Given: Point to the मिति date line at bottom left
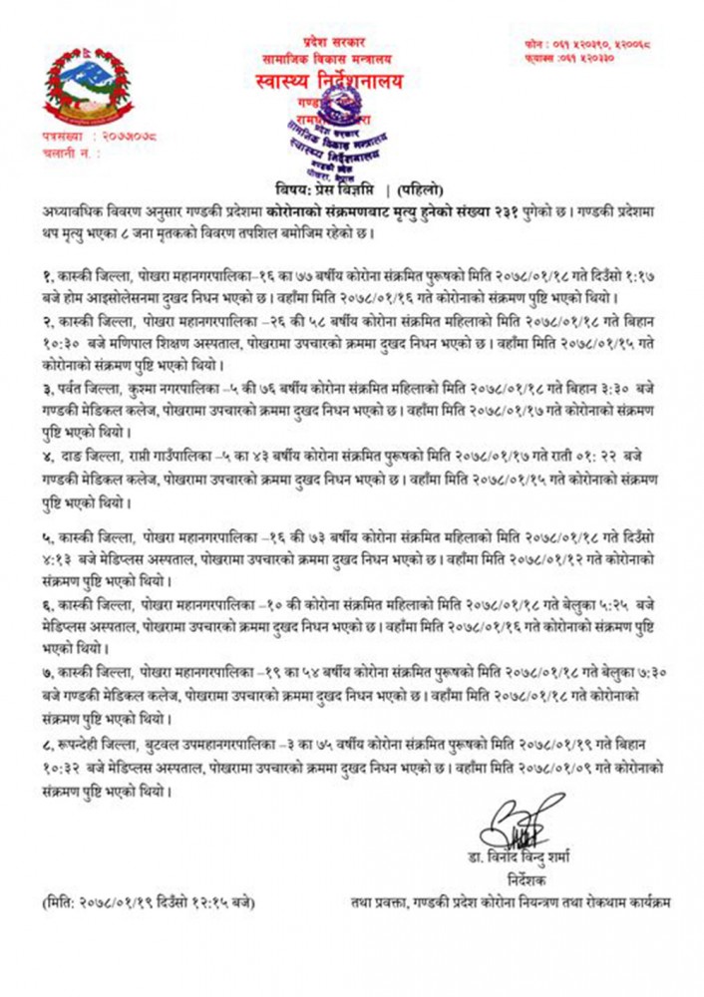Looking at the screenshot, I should (x=150, y=903).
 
